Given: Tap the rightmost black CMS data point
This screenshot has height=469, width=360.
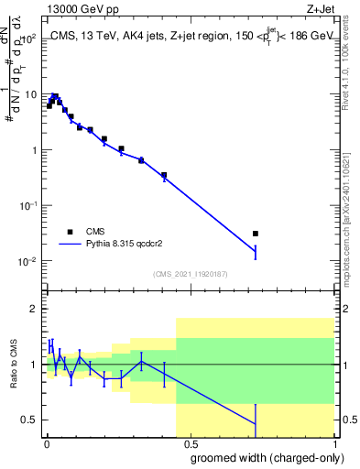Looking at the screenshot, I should (256, 234).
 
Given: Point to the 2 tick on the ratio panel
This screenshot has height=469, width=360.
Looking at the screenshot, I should (33, 309).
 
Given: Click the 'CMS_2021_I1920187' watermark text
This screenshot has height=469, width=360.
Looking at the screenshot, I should (189, 273).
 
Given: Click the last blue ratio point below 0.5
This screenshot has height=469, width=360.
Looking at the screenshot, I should (256, 423).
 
